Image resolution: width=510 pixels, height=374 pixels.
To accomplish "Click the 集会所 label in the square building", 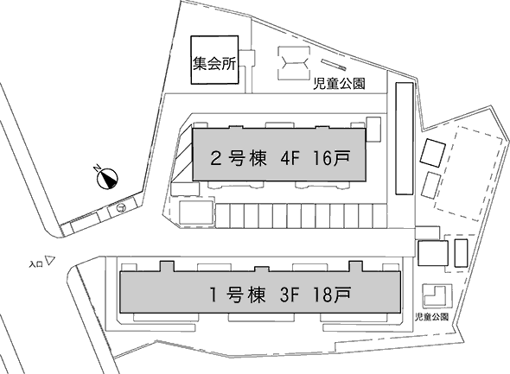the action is point(214,64).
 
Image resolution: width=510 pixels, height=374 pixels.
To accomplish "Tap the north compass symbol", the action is point(107,179).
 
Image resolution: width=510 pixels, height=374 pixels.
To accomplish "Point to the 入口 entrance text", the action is point(35,264).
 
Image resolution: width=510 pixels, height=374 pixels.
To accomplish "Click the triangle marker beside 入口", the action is point(50,261).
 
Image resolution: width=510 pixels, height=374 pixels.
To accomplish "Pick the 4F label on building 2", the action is point(289,159).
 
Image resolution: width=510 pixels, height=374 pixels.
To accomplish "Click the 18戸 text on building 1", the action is point(332,295).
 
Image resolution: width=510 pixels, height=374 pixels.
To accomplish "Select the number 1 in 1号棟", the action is point(214,295).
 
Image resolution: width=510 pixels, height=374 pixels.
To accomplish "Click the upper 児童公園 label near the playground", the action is point(339,84).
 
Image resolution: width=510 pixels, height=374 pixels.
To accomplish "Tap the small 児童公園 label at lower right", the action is point(432,317).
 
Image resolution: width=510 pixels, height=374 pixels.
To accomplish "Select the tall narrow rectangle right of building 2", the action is point(405,138).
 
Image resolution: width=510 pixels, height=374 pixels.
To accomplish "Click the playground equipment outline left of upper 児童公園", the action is point(294,62).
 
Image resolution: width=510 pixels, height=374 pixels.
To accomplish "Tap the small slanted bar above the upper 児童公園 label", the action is point(334,64).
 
